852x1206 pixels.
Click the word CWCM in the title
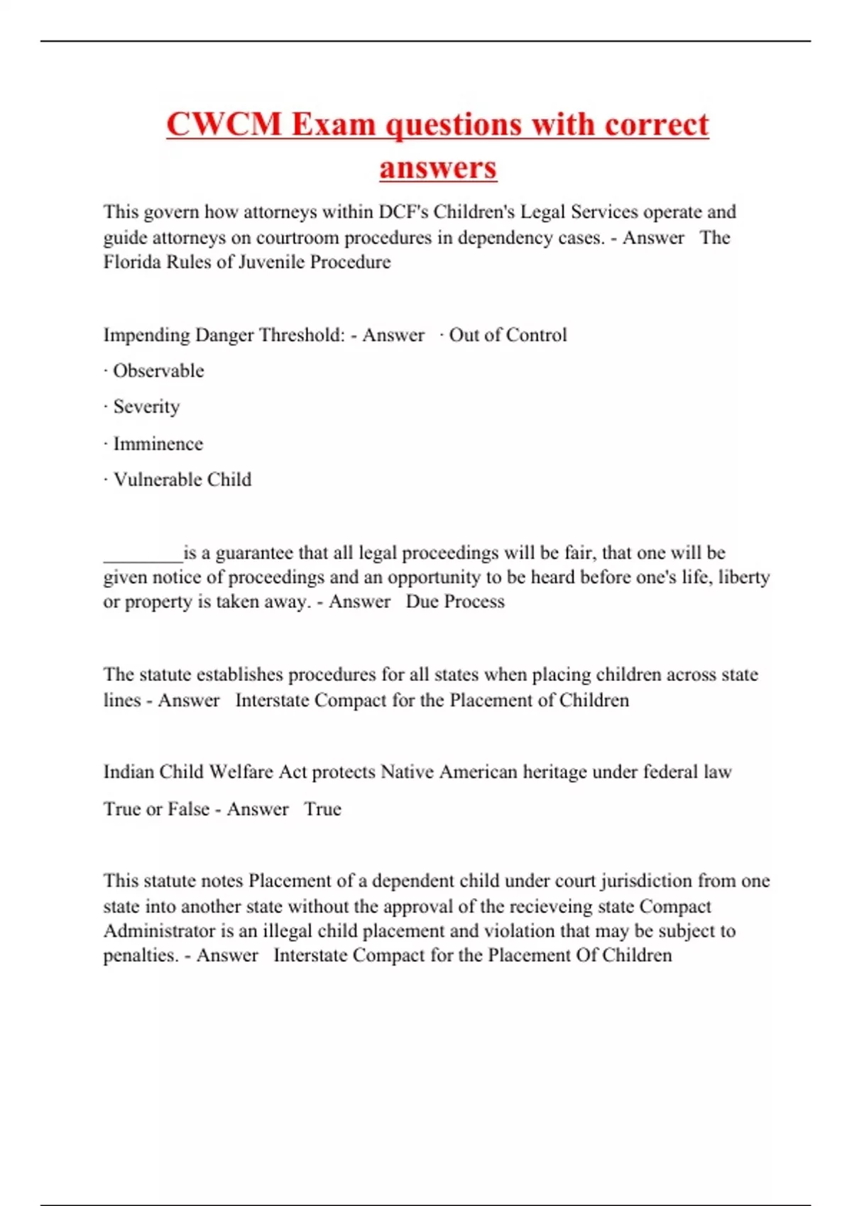point(224,124)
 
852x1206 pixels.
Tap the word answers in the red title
point(437,168)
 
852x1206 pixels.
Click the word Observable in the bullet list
point(158,370)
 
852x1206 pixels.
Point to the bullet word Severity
point(146,406)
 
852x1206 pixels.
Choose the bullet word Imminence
point(158,443)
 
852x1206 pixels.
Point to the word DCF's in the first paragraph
point(403,212)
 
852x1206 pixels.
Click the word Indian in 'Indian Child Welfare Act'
point(129,772)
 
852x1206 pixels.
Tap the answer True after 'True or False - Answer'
point(322,809)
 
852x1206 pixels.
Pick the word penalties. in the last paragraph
point(141,956)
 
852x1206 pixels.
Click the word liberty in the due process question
point(743,577)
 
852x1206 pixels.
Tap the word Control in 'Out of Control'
point(537,335)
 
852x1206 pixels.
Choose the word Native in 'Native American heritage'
point(407,772)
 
